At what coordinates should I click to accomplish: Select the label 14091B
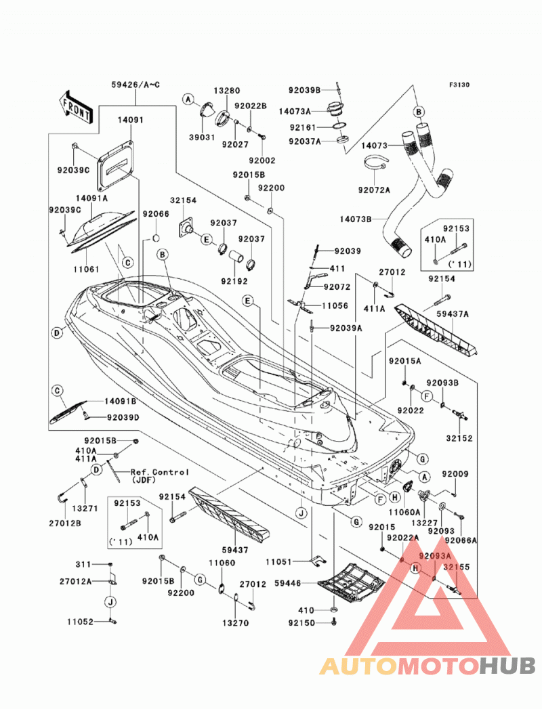(x=121, y=402)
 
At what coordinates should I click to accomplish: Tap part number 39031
(x=202, y=137)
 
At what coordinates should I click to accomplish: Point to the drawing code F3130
(x=459, y=85)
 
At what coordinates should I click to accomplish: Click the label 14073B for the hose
(x=356, y=219)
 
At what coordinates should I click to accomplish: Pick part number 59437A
(x=453, y=314)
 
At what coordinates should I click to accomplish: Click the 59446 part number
(x=288, y=583)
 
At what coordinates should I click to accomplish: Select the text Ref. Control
(x=160, y=472)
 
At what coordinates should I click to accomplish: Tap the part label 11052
(x=80, y=622)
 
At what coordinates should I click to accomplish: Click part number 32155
(x=457, y=567)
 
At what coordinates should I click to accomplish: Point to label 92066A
(x=461, y=540)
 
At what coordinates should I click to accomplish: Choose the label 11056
(x=335, y=305)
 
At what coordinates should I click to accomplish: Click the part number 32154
(x=183, y=200)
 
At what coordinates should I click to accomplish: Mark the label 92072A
(x=374, y=190)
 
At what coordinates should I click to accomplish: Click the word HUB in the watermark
(x=507, y=666)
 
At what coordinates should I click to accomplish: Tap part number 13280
(x=227, y=91)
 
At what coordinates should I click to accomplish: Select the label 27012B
(x=65, y=523)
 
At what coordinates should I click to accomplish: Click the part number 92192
(x=234, y=281)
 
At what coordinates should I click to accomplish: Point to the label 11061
(x=86, y=269)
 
